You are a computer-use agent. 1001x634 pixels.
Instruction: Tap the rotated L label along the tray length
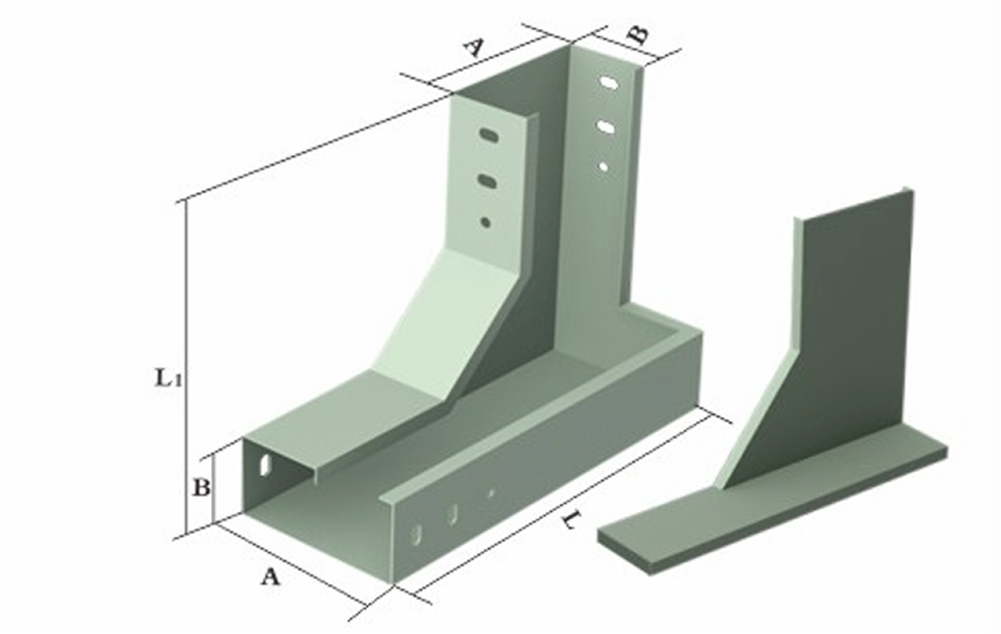[569, 518]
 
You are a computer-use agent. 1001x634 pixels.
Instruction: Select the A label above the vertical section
[472, 46]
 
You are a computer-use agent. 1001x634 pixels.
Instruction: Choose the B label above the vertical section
[637, 34]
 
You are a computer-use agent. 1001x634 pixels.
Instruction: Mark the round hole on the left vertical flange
[486, 220]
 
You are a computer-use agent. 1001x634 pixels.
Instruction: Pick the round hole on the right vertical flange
[603, 166]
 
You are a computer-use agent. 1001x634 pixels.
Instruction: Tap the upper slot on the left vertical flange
[490, 136]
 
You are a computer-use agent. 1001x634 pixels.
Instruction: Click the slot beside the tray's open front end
[265, 463]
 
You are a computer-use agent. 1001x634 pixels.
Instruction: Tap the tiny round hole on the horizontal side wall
[491, 493]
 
